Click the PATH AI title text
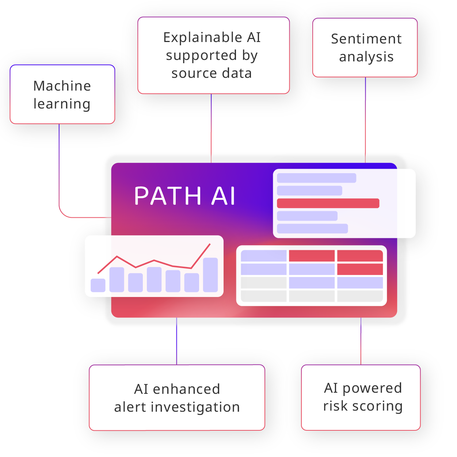(184, 196)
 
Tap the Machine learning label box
(62, 95)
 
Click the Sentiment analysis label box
(365, 48)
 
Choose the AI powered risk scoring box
(361, 397)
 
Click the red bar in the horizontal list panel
(328, 203)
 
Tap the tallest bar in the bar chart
(210, 275)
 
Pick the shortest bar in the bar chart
(98, 285)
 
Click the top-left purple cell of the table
(264, 256)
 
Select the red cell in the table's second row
(360, 269)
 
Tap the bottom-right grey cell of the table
(360, 296)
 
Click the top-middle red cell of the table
(312, 256)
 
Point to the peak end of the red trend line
(210, 244)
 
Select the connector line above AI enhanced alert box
(177, 342)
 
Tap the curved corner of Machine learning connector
(62, 214)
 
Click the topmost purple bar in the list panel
(316, 178)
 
